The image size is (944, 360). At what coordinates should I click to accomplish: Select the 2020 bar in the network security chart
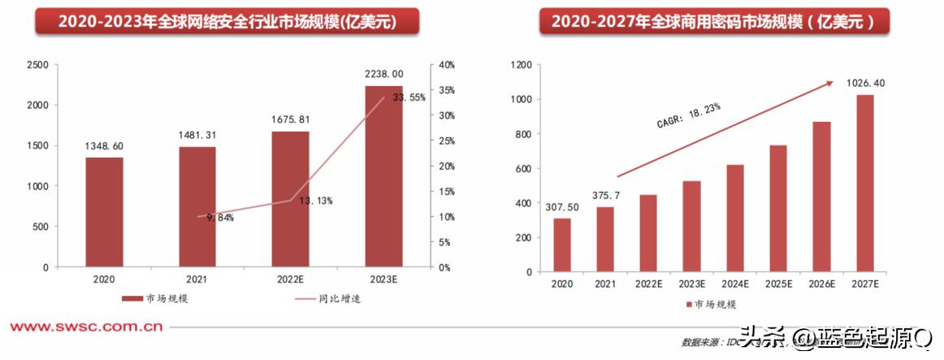[x=105, y=212]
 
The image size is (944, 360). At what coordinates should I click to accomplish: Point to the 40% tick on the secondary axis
[x=446, y=65]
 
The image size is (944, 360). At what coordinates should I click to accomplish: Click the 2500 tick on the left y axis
[x=37, y=65]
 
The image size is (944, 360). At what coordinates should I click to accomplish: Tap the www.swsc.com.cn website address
[x=86, y=327]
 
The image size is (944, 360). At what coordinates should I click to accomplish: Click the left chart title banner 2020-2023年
[x=227, y=22]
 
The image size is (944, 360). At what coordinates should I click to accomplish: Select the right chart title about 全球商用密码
[x=715, y=22]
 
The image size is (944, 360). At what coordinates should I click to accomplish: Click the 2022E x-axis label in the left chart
[x=290, y=279]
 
